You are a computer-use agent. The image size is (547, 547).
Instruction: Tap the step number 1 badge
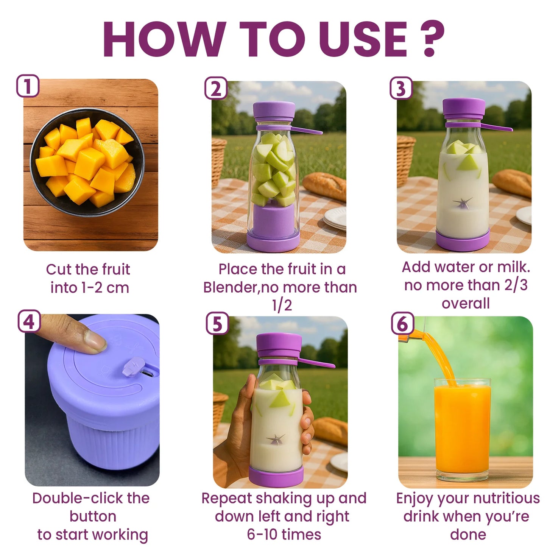[x=27, y=86]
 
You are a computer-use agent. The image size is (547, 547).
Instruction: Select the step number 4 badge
[x=29, y=322]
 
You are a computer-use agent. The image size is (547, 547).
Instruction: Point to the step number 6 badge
[x=402, y=324]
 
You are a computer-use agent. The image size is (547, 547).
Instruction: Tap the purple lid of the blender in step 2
[x=274, y=110]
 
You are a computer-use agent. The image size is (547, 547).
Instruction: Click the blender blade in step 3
[x=463, y=204]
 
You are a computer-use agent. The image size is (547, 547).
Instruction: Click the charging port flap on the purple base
[x=134, y=367]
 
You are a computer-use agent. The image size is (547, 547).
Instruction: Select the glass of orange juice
[x=462, y=428]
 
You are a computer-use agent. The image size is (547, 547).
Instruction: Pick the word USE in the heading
[x=363, y=39]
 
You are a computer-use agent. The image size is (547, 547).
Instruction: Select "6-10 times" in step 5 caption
[x=284, y=535]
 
